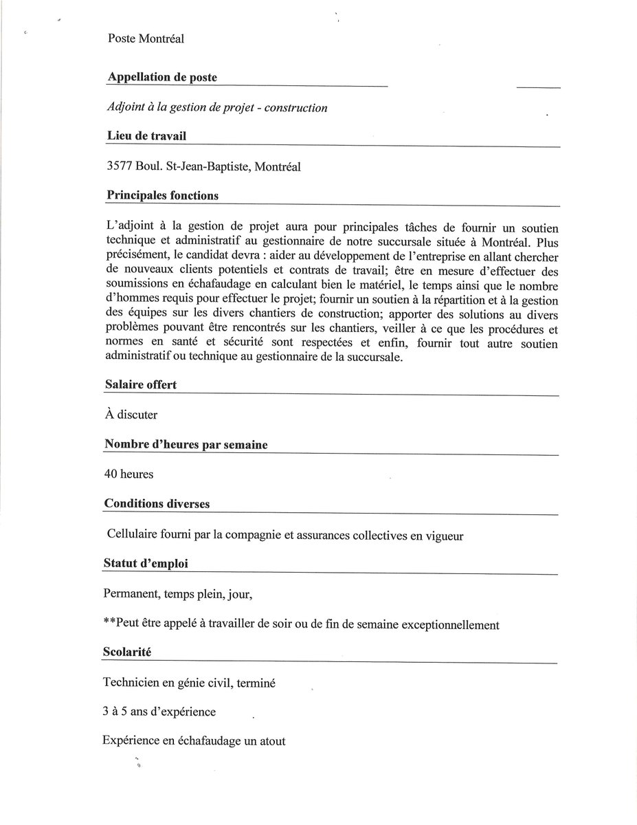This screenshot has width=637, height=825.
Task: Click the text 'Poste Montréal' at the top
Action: (x=145, y=38)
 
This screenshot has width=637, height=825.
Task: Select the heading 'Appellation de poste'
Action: (x=162, y=78)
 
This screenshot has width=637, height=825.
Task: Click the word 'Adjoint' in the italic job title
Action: (x=124, y=108)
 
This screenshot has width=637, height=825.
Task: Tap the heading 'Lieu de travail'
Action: (x=146, y=137)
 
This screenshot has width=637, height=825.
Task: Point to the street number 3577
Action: (x=120, y=166)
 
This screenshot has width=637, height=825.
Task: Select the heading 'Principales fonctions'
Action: (x=163, y=196)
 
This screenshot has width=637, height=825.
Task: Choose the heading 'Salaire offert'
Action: (x=141, y=385)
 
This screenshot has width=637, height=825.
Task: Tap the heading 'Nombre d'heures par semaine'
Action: (x=186, y=445)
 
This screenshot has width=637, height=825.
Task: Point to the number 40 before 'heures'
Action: (x=111, y=474)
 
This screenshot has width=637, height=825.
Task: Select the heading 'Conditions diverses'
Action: (x=157, y=504)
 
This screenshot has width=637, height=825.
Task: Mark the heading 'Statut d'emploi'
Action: (x=146, y=564)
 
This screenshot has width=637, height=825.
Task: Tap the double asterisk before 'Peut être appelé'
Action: (x=109, y=625)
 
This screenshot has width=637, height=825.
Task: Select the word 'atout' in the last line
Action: (x=271, y=742)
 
